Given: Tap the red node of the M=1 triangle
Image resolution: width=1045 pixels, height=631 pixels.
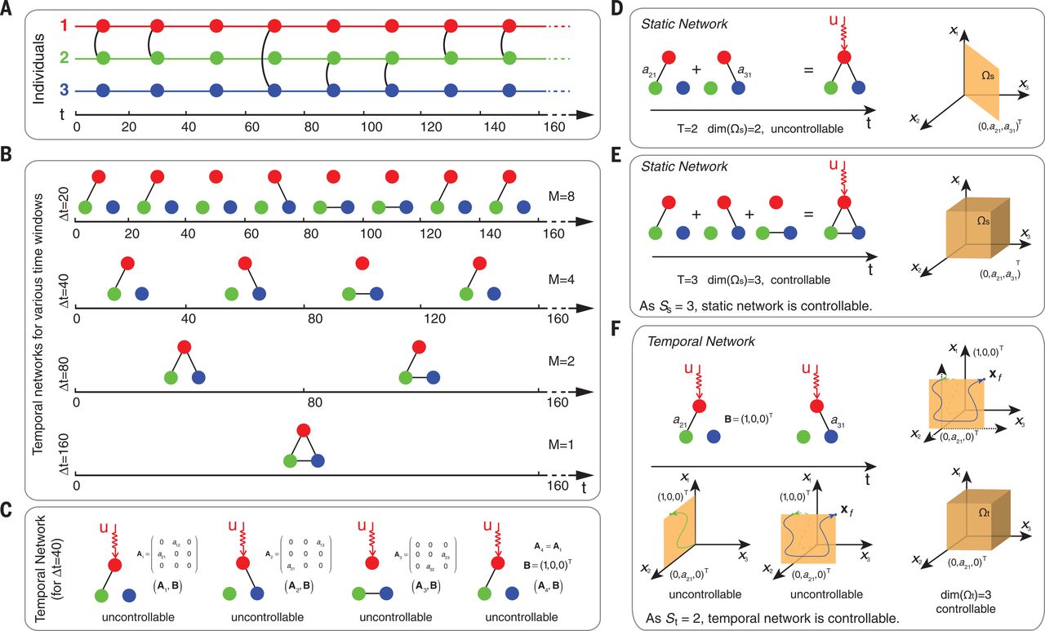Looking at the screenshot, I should (304, 430).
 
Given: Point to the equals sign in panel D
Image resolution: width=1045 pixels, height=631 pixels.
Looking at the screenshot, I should (810, 71).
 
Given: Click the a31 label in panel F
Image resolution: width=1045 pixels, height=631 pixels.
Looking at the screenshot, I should (856, 421).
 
